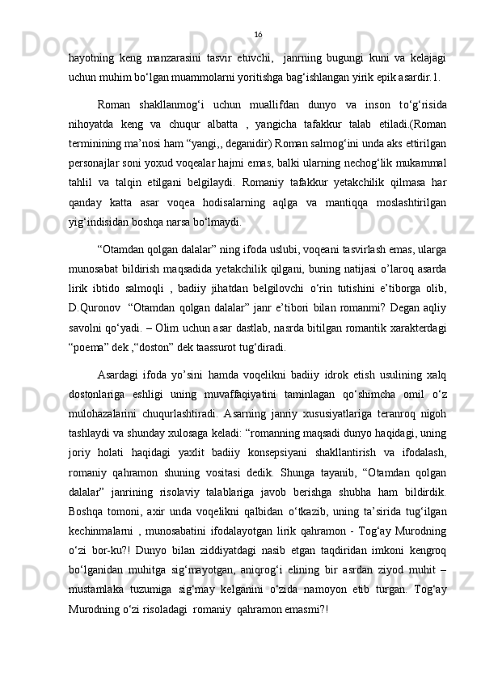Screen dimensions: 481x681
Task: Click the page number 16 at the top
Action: [258, 34]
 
